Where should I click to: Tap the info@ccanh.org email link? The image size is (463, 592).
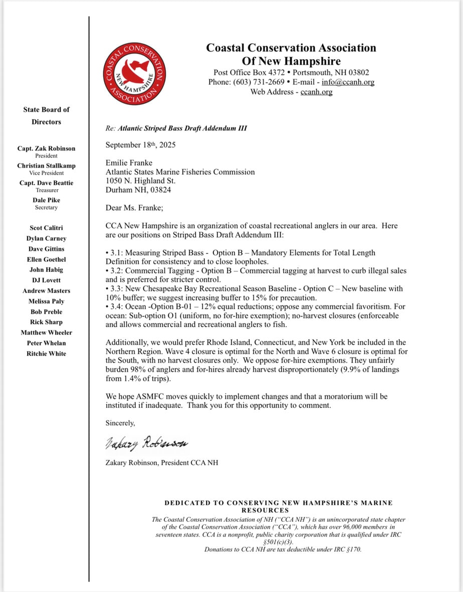[x=348, y=82]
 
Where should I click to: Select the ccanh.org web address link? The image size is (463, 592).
[x=316, y=92]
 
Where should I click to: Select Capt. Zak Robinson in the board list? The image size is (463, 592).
[x=46, y=148]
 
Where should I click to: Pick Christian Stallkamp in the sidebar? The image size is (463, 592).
[x=46, y=166]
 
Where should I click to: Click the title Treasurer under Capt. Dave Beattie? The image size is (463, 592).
[x=46, y=190]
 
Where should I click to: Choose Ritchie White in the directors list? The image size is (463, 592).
[x=46, y=353]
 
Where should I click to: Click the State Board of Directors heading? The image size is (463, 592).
[x=46, y=115]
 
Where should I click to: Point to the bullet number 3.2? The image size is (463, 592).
[x=115, y=271]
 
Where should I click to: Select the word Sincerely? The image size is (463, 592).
[x=120, y=423]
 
